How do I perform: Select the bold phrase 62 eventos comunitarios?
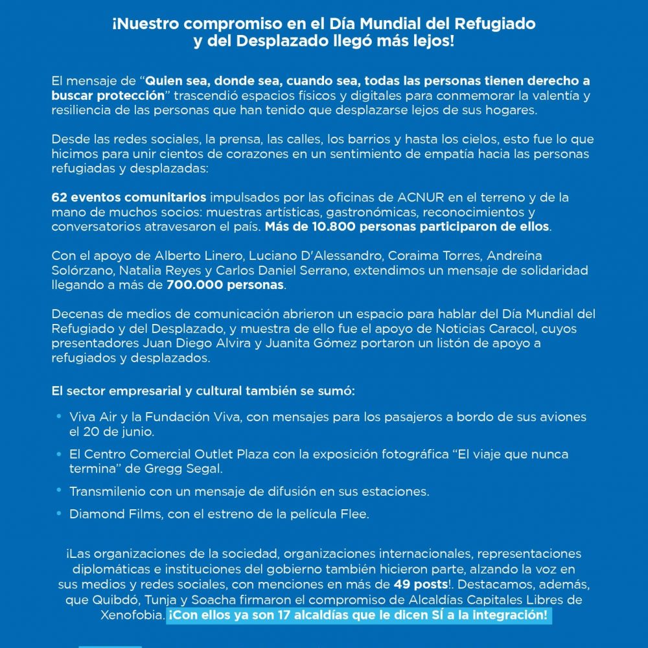coord(129,197)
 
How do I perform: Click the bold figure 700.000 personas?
coord(226,284)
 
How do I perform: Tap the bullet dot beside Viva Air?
coord(58,416)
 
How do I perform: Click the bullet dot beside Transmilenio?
coord(58,491)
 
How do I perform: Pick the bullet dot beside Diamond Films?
coord(58,513)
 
